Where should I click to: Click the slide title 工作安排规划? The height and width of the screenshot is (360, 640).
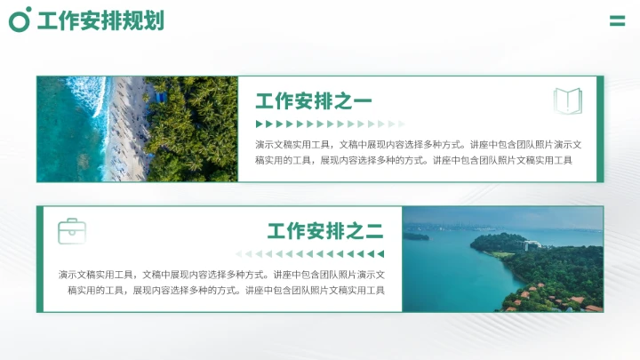100,20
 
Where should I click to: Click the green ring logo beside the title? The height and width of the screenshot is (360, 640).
20,20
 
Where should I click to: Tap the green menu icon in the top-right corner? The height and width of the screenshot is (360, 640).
617,20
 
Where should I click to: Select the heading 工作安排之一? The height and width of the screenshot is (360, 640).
314,101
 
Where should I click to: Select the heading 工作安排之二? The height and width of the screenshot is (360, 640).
325,232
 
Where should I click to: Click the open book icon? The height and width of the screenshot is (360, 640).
567,100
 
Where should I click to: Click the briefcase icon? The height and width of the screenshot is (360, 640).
72,231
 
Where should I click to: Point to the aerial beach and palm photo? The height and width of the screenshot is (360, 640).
137,129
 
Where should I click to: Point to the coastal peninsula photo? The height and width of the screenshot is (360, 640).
502,260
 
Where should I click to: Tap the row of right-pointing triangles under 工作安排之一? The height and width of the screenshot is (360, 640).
330,124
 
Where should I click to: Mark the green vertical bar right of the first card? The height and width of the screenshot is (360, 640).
600,129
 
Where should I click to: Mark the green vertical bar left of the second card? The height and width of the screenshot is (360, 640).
40,260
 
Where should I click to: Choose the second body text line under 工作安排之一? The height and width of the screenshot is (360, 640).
413,161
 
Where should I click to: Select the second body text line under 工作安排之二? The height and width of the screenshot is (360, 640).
226,291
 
